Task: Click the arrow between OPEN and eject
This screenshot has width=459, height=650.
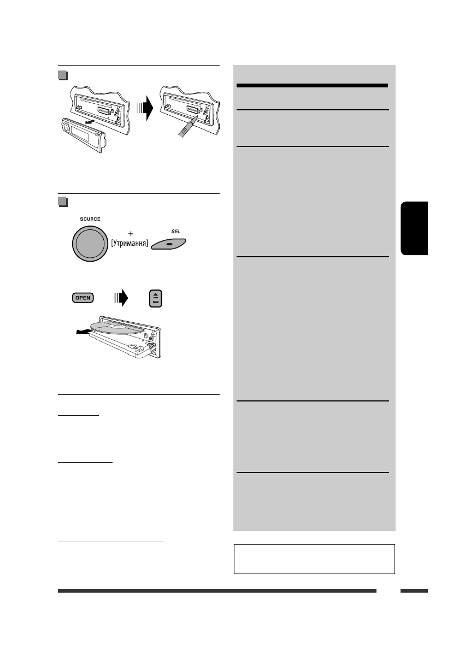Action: [x=120, y=298]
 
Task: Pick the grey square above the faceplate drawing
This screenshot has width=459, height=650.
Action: [x=62, y=75]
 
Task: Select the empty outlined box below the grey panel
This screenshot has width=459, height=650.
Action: [x=314, y=558]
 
